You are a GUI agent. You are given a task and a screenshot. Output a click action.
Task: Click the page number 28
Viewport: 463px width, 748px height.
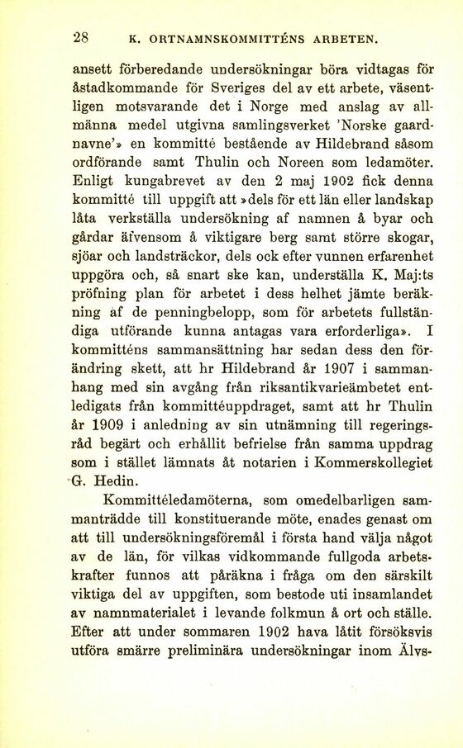point(81,36)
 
